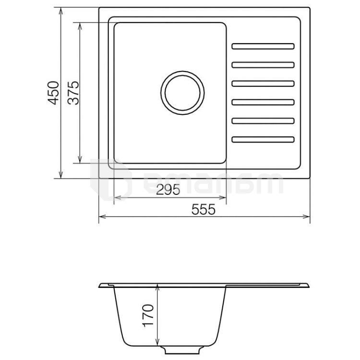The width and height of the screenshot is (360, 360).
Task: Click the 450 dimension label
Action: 53,93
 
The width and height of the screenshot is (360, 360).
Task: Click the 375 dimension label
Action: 73,93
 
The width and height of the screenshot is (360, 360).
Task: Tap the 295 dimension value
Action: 168,190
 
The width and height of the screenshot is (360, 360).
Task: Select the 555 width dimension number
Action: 204,209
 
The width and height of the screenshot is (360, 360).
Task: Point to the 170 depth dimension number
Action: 148,315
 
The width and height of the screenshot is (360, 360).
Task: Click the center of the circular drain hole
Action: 182,93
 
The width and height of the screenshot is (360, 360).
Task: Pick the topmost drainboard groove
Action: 263,46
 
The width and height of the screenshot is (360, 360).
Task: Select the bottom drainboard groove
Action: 263,139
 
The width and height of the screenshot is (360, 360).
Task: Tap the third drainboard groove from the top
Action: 263,84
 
